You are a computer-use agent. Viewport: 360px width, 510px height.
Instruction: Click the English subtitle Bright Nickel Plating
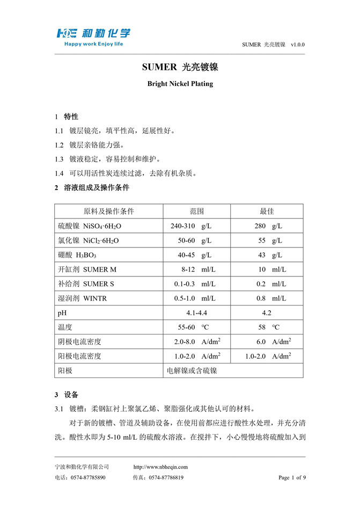click(180, 84)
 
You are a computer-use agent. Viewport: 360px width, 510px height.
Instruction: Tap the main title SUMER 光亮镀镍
click(180, 68)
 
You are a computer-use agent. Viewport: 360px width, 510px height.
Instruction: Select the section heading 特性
click(71, 116)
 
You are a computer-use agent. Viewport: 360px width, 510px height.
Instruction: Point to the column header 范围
click(197, 212)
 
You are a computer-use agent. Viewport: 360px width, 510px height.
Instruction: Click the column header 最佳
click(267, 212)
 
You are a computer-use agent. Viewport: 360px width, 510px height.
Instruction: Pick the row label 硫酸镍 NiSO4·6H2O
click(90, 226)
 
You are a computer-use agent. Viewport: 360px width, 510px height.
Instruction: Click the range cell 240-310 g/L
click(191, 226)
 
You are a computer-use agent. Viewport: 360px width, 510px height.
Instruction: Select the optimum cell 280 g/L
click(268, 226)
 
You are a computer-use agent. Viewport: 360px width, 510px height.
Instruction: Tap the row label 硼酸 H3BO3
click(77, 255)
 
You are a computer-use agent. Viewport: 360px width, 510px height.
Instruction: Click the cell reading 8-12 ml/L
click(198, 269)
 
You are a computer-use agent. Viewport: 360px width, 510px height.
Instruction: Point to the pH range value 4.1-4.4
click(197, 312)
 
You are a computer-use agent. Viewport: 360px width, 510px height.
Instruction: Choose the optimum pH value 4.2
click(267, 312)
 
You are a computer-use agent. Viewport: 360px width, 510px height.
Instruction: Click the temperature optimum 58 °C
click(269, 327)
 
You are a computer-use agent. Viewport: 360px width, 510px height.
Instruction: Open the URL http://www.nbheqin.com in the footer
click(160, 467)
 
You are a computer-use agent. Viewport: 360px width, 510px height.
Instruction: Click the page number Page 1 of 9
click(292, 477)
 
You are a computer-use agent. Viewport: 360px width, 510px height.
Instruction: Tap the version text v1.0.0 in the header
click(298, 45)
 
